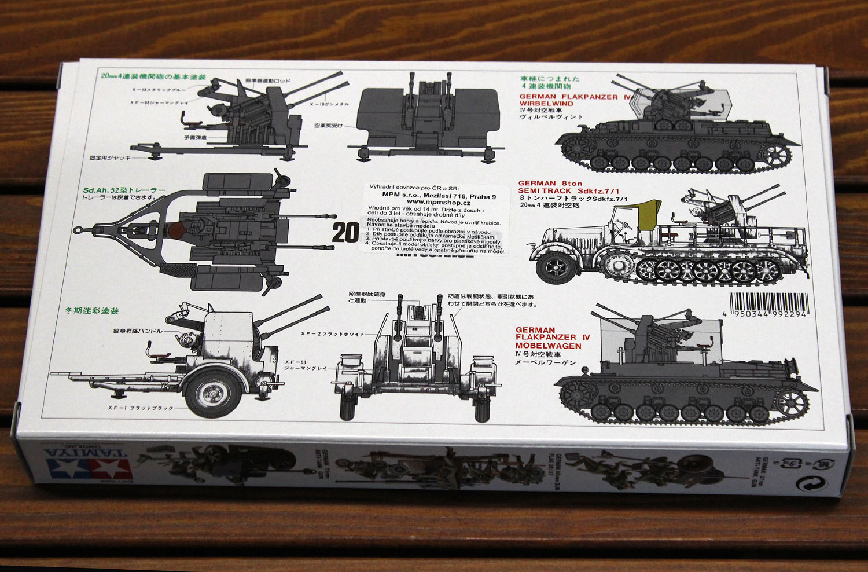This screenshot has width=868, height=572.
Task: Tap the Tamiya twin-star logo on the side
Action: click(87, 462)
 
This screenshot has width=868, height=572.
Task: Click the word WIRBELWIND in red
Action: click(546, 104)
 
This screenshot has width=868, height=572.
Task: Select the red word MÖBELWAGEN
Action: click(548, 346)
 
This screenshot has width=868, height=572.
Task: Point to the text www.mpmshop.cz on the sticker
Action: click(442, 203)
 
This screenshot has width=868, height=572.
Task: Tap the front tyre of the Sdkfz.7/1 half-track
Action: click(557, 267)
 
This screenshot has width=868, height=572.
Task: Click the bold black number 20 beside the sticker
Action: click(345, 233)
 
